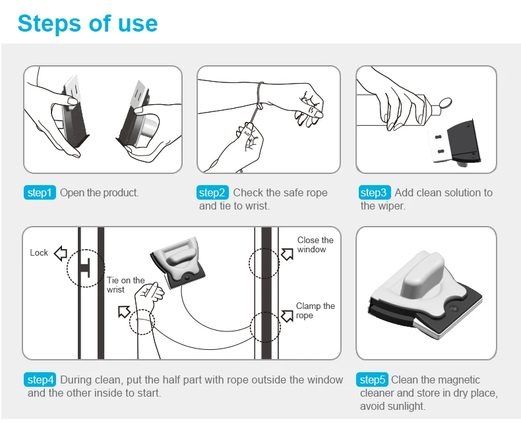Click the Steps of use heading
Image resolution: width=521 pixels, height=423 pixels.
tap(88, 24)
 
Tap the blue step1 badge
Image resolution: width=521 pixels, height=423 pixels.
tap(40, 192)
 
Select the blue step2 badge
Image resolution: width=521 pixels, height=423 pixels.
tap(212, 192)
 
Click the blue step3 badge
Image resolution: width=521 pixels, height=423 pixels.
tap(375, 192)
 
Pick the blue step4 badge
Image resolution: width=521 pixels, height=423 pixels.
tap(40, 380)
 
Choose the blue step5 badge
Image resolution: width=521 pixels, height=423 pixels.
tap(372, 380)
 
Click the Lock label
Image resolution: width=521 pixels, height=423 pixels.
tap(39, 252)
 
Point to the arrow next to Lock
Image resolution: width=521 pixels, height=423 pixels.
tap(61, 253)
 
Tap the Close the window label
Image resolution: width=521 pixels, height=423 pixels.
tap(315, 244)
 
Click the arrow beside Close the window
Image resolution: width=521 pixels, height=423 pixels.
tap(288, 254)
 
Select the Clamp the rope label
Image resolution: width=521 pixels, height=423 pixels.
tap(315, 310)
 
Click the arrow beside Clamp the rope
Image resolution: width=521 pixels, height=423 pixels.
tap(288, 316)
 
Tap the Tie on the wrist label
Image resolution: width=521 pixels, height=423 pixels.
tap(125, 285)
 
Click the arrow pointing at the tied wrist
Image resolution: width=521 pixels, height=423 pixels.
tap(124, 312)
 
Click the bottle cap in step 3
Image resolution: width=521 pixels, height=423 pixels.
tap(444, 103)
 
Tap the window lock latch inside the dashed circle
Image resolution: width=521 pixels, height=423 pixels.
tap(84, 268)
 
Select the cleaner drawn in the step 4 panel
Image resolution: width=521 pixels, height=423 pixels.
tap(178, 262)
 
